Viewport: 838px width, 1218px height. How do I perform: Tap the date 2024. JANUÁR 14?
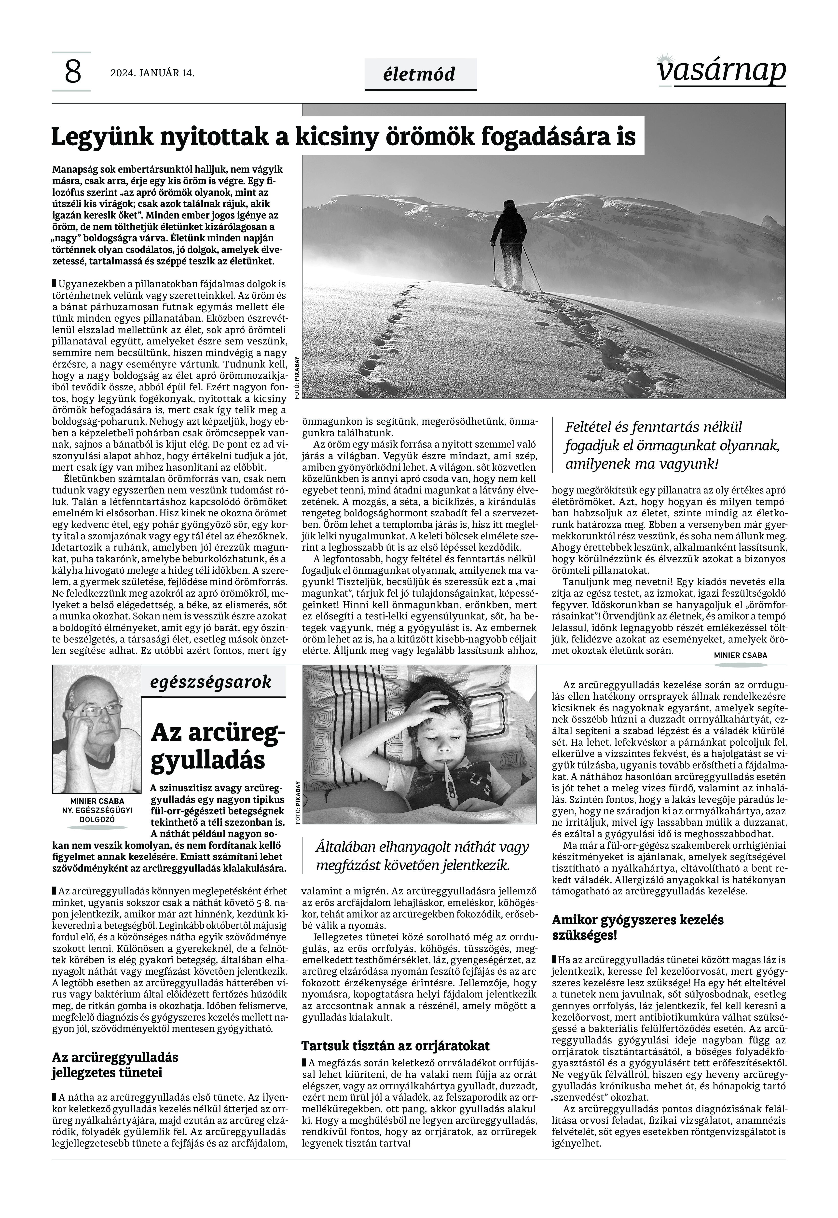(152, 73)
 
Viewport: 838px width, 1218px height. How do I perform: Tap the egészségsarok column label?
(211, 682)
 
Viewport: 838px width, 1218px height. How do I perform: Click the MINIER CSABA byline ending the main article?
(740, 655)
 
